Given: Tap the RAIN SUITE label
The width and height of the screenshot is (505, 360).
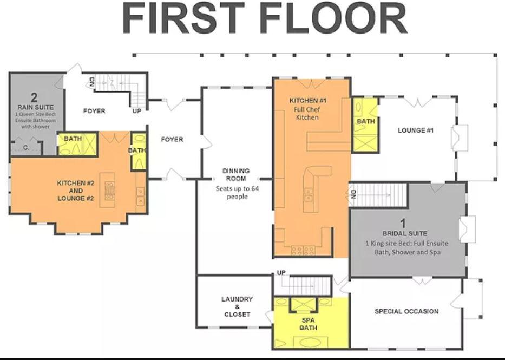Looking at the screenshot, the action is click(35, 107).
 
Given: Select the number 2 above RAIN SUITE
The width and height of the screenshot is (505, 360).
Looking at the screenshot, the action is click(35, 97).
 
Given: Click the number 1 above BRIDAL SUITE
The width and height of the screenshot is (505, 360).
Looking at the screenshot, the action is click(403, 224).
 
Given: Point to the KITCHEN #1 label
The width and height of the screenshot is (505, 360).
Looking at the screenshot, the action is click(307, 101).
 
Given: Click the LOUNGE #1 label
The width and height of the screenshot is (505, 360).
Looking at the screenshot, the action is click(416, 130).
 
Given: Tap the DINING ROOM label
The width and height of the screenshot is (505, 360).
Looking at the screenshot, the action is click(236, 174).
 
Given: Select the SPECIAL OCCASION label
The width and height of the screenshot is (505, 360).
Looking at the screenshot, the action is click(406, 311).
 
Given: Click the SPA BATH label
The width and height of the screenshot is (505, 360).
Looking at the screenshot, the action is click(309, 324).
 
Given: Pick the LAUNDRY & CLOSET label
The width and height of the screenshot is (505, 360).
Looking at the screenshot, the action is click(237, 306).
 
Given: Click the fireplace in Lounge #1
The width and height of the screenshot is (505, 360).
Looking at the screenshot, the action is click(460, 138).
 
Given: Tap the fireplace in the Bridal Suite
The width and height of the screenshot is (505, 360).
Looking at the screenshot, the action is click(467, 230).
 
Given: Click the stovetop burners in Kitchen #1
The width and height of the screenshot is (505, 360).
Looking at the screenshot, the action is click(303, 250).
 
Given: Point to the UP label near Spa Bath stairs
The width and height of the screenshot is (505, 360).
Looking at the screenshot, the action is click(281, 272).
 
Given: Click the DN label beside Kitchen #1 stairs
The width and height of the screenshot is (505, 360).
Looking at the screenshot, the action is click(353, 194).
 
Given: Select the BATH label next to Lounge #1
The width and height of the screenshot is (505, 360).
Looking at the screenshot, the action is click(366, 121).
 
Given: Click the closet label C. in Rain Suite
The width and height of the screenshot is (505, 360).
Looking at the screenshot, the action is click(27, 148).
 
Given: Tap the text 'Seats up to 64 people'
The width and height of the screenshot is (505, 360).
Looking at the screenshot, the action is click(238, 193).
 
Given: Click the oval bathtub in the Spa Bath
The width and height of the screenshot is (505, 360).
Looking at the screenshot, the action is click(307, 342).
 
